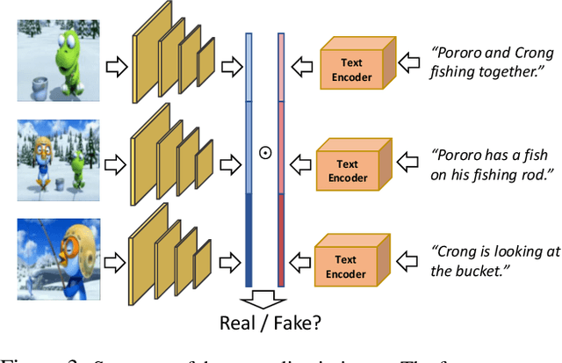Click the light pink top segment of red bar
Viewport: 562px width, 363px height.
pyautogui.click(x=281, y=66)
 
